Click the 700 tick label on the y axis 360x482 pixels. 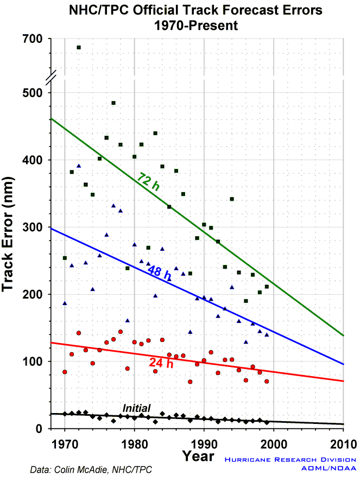click(32, 39)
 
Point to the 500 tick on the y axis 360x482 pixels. click(32, 93)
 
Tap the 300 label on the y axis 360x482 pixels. click(32, 227)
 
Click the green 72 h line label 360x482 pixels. click(149, 182)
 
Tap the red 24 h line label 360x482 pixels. click(161, 363)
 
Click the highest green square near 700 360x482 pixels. click(79, 48)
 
